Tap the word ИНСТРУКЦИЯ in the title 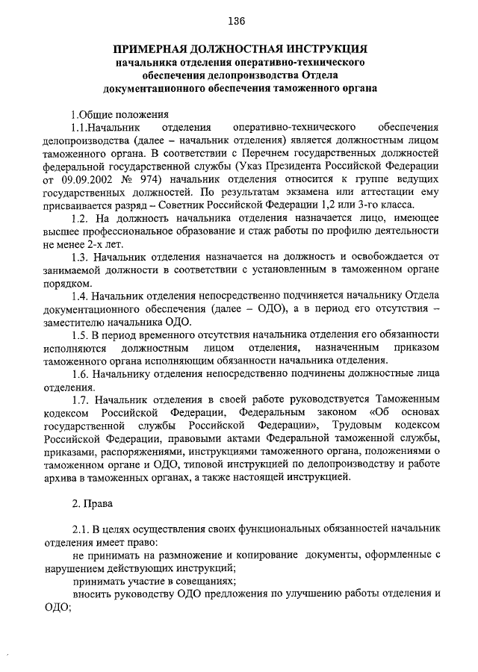click(x=319, y=49)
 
